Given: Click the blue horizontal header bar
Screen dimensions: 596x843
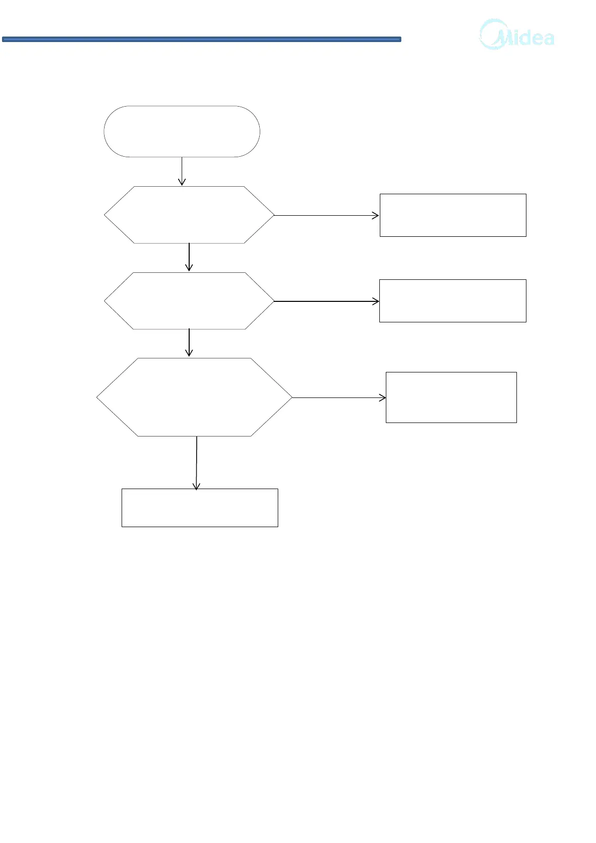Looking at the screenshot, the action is pos(201,39).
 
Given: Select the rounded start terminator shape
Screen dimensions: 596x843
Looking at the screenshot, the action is pos(182,132).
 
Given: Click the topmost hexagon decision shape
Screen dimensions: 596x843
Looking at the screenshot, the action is pos(189,215).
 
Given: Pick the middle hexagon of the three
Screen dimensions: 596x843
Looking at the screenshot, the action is pos(189,301).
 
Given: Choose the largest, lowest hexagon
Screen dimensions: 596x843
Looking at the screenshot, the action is pos(194,397).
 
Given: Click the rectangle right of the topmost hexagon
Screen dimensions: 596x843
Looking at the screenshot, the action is pos(453,215).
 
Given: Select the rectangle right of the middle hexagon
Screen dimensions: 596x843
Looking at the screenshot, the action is pos(452,301).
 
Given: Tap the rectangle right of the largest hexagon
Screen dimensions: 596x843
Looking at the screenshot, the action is pos(451,397).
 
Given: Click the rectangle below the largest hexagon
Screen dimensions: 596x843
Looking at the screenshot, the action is pos(200,508).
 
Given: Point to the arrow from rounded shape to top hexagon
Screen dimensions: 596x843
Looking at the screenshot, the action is pos(182,170).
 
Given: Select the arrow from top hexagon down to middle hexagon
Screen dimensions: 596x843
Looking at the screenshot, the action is pos(189,256).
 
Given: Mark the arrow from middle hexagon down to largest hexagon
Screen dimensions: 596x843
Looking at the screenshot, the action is pos(189,342).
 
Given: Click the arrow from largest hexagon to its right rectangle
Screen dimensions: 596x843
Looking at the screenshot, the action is pos(338,398).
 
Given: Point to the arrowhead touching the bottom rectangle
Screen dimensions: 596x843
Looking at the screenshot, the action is pos(197,486).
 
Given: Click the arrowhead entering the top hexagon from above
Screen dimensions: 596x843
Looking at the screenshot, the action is pos(182,183).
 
